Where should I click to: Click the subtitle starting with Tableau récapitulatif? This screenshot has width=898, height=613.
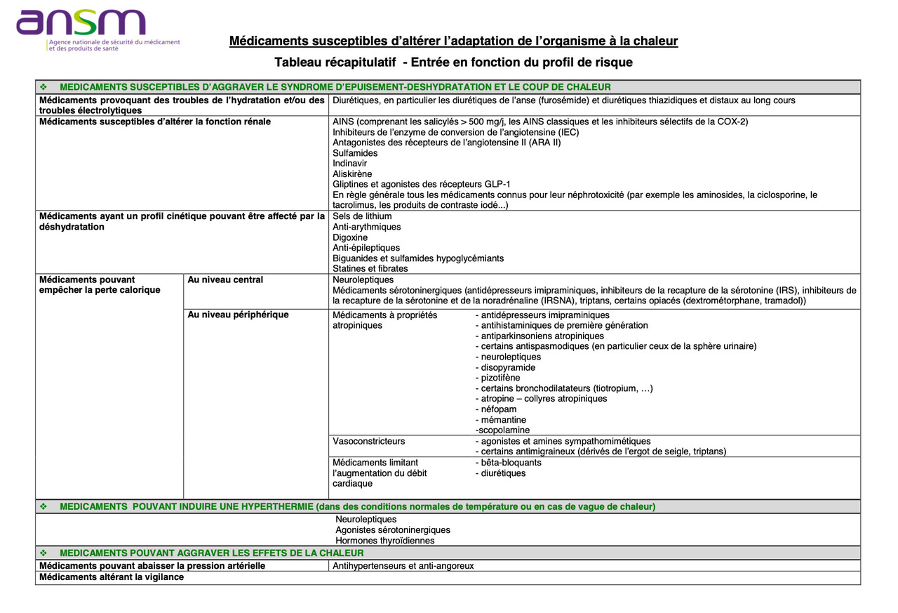click(x=453, y=62)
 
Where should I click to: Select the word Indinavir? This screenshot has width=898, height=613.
click(x=349, y=164)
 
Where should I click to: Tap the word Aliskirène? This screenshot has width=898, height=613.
click(x=352, y=174)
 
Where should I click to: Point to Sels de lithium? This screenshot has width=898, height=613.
click(x=362, y=216)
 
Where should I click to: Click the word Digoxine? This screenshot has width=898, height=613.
click(x=350, y=237)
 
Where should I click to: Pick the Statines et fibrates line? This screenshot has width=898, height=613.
click(x=370, y=269)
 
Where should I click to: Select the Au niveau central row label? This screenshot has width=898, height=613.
click(x=225, y=280)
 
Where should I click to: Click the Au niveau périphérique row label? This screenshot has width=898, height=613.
click(x=238, y=315)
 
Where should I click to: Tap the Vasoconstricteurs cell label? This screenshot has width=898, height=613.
click(x=368, y=442)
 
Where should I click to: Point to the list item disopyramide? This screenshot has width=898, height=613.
click(x=507, y=368)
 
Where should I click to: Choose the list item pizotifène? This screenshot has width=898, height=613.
click(x=500, y=378)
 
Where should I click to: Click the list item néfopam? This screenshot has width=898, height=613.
click(x=498, y=409)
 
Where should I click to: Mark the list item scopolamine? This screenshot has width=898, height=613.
click(x=502, y=430)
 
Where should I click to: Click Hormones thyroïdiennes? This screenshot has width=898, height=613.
click(x=385, y=541)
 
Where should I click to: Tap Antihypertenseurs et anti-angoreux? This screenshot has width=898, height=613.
click(x=403, y=566)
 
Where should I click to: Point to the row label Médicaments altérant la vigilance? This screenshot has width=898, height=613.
click(x=112, y=577)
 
